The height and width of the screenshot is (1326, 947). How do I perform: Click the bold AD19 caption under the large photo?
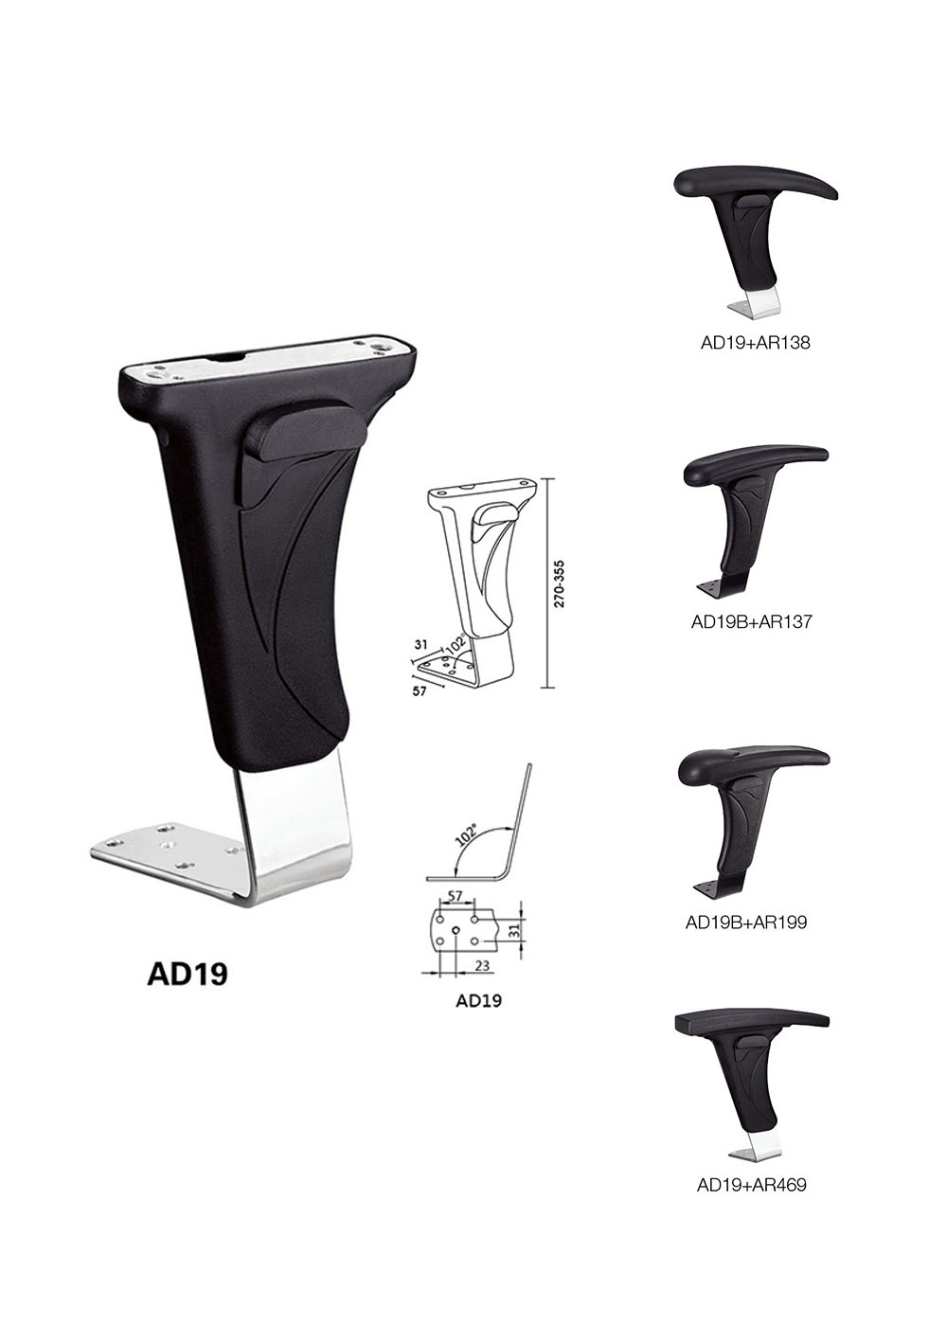coord(188,975)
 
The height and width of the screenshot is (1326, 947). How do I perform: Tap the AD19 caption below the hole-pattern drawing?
coord(478,1000)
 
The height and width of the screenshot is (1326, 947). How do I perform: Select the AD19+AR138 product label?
coord(755,344)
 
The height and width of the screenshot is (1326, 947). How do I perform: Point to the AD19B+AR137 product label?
coord(752,622)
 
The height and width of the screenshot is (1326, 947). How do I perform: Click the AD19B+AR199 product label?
coord(746,921)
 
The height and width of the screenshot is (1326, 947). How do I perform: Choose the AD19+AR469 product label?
coord(752,1184)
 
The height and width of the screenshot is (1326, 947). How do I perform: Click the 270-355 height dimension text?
coord(560,582)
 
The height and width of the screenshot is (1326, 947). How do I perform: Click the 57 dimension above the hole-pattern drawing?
coord(455,895)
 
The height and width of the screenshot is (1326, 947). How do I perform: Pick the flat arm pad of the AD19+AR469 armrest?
coord(753,1022)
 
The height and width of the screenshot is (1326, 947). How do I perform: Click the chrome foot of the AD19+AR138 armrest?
coord(757,305)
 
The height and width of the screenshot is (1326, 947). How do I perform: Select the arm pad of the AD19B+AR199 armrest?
coord(754,760)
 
